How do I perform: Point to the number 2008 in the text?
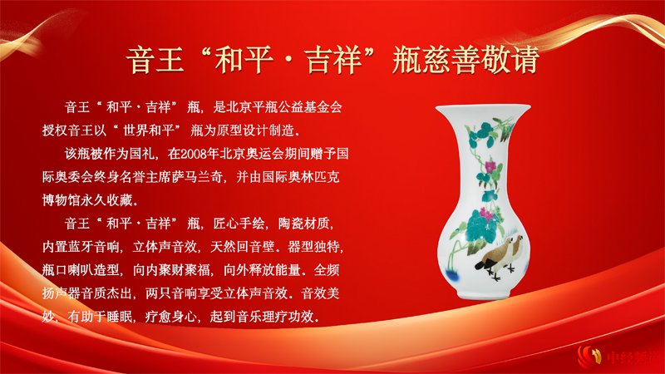[x=194, y=154]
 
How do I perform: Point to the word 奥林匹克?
[x=313, y=177]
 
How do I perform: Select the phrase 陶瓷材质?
[x=303, y=223]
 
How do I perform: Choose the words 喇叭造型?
[x=93, y=269]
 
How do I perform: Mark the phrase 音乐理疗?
[x=262, y=317]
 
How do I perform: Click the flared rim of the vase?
[x=483, y=109]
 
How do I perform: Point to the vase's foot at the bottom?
[x=483, y=293]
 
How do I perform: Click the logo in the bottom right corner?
[x=618, y=357]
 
